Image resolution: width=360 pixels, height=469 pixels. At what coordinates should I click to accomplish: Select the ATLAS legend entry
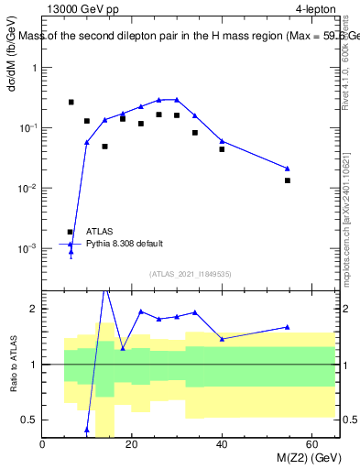(101, 232)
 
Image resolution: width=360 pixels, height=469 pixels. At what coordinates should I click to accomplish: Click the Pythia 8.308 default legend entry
(126, 244)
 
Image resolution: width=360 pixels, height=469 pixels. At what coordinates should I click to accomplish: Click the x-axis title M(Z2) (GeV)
(305, 459)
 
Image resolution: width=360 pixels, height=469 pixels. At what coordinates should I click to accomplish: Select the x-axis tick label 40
(222, 445)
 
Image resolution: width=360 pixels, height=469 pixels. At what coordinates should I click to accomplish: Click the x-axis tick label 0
(43, 445)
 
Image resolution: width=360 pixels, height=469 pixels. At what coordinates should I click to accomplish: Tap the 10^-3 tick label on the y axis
(26, 248)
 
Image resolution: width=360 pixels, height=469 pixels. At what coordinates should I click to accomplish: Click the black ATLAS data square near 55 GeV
(288, 180)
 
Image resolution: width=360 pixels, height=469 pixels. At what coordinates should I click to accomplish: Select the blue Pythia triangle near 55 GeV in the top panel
(288, 168)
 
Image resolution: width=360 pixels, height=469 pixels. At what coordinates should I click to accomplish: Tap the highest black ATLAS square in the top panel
(71, 102)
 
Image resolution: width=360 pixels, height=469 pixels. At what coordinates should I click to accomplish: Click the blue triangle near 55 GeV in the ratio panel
(288, 327)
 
